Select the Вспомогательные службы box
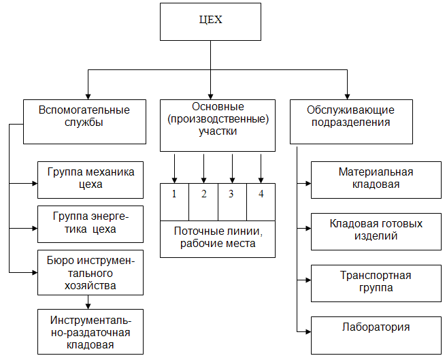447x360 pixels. (x=84, y=121)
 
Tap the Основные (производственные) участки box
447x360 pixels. (x=218, y=125)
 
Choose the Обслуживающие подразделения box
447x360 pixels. (x=351, y=121)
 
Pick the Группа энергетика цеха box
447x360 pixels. (x=90, y=224)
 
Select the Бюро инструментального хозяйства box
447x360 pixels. (x=90, y=272)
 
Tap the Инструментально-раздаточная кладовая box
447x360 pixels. (x=90, y=331)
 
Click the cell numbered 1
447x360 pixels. (x=175, y=194)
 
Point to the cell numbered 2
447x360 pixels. (x=203, y=194)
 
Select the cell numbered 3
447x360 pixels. (x=232, y=194)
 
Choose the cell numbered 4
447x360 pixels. (x=261, y=194)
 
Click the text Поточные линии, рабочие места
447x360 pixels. (x=218, y=238)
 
